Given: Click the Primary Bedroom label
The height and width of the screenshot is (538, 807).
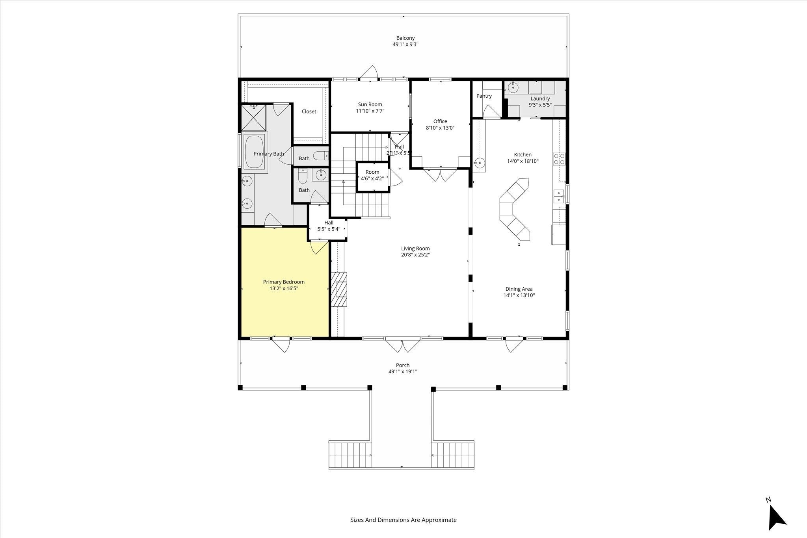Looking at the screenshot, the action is pyautogui.click(x=284, y=282).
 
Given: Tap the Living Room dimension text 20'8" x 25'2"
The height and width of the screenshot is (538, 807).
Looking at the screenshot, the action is pyautogui.click(x=415, y=255).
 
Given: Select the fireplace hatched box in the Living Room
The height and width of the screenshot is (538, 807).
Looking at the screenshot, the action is pyautogui.click(x=339, y=289).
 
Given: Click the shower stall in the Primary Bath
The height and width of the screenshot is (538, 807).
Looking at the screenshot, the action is pyautogui.click(x=254, y=117).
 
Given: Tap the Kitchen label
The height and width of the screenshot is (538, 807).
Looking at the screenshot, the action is pyautogui.click(x=523, y=155).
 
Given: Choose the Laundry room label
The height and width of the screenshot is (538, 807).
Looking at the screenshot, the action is pyautogui.click(x=540, y=99).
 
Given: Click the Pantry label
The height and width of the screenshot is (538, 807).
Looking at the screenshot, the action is pyautogui.click(x=484, y=96).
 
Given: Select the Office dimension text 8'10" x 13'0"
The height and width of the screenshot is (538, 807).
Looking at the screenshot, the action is pyautogui.click(x=440, y=128).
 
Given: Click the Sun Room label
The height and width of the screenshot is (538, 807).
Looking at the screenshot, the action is pyautogui.click(x=370, y=104).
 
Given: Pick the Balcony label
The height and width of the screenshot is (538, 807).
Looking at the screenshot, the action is pyautogui.click(x=405, y=38).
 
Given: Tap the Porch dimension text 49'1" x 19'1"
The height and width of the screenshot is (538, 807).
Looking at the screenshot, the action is pyautogui.click(x=403, y=371).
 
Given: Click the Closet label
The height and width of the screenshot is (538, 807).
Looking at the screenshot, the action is pyautogui.click(x=309, y=111).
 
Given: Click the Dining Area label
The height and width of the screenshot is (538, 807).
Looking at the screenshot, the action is pyautogui.click(x=519, y=289).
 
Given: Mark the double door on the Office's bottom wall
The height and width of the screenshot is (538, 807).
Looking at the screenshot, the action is pyautogui.click(x=440, y=174).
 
